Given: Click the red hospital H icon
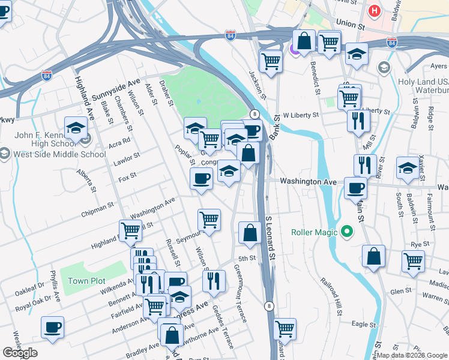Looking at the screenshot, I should tap(375, 11).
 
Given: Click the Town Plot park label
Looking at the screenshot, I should tap(86, 281).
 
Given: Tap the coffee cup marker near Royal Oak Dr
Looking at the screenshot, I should tap(52, 328).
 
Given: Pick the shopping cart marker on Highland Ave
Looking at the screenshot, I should tap(130, 230).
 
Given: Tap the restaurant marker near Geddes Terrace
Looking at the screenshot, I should tap(214, 281).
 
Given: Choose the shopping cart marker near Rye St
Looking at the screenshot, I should tap(413, 262).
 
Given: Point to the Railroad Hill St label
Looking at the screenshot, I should tap(331, 296).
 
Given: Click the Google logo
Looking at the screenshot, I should tap(20, 353).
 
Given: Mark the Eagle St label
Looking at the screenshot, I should tap(363, 324).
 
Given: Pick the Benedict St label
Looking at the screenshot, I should tap(315, 76).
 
